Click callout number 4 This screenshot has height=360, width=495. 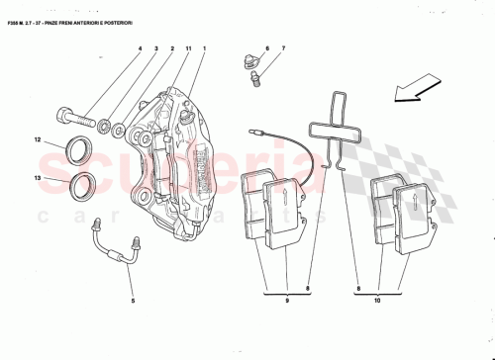point(140,49)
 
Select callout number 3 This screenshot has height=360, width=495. point(156,49)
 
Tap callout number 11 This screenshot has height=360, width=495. point(187,49)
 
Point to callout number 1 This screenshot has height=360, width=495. point(204,49)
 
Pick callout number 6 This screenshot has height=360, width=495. point(267,47)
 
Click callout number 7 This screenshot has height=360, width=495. point(282,47)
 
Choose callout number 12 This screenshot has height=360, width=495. point(39,140)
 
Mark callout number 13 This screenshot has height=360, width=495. point(39,179)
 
